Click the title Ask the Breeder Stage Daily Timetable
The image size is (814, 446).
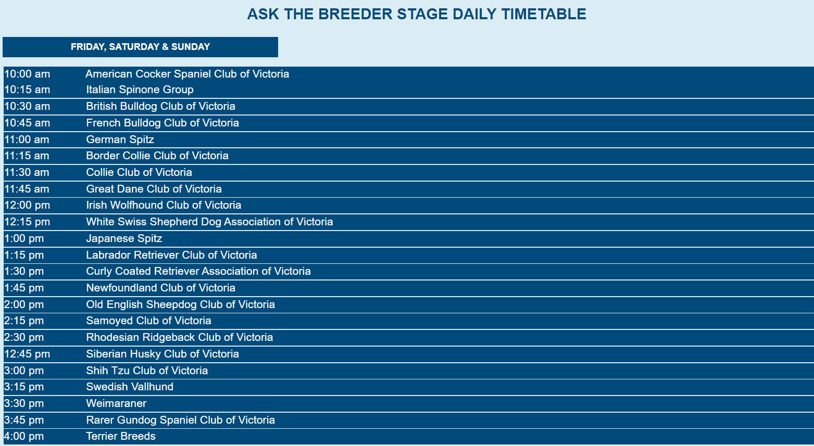coord(417,14)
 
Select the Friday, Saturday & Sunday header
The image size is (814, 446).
coord(140,47)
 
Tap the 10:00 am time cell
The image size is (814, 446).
coord(27,74)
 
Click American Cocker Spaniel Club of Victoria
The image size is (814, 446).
coord(187,74)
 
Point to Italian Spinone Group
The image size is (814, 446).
coord(140,90)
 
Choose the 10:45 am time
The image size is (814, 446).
coord(27,123)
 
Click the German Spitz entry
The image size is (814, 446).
coord(120,140)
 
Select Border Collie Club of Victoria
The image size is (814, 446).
coord(157,156)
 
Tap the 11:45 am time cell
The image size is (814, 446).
coord(27,189)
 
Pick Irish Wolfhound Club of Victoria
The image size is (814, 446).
coord(164,205)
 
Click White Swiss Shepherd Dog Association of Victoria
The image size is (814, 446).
coord(209,222)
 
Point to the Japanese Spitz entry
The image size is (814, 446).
coord(124,239)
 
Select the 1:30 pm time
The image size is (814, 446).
coord(24,271)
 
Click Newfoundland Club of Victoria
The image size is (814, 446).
coord(160,288)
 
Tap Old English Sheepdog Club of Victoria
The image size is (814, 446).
coord(180,305)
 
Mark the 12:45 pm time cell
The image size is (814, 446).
coord(27,354)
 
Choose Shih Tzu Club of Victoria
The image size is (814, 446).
coord(147,371)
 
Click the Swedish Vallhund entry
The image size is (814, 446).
coord(130,387)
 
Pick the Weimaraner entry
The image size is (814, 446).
coord(116,403)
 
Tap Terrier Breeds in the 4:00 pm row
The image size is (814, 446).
coord(121,436)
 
